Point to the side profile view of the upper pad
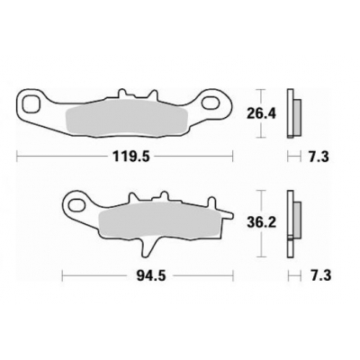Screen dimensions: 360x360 coord(290,113)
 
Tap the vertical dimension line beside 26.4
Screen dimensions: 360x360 coord(262,113)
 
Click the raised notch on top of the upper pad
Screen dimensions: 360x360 coord(135,94)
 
